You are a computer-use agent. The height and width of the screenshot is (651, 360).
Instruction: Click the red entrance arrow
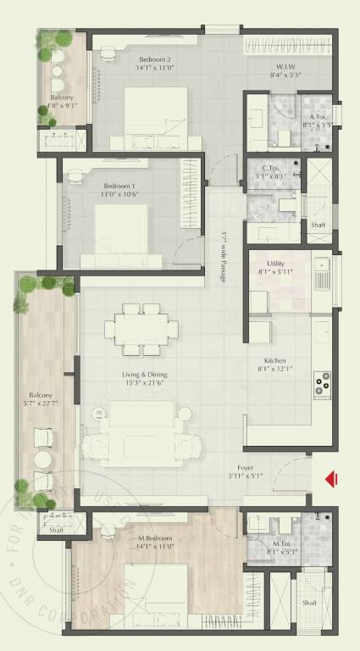tap(332, 480)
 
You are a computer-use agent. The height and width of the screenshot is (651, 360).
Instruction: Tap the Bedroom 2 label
tap(156, 59)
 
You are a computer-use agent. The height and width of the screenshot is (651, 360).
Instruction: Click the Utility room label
tap(275, 264)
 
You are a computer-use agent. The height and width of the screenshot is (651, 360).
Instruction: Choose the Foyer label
tap(246, 467)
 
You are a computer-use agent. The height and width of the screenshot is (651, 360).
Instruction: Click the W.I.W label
tap(285, 66)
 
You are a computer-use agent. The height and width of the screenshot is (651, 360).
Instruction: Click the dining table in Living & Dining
tap(142, 328)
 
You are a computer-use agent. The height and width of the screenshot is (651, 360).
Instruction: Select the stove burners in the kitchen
tap(323, 383)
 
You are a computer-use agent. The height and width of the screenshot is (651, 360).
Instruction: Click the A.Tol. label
tap(318, 117)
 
